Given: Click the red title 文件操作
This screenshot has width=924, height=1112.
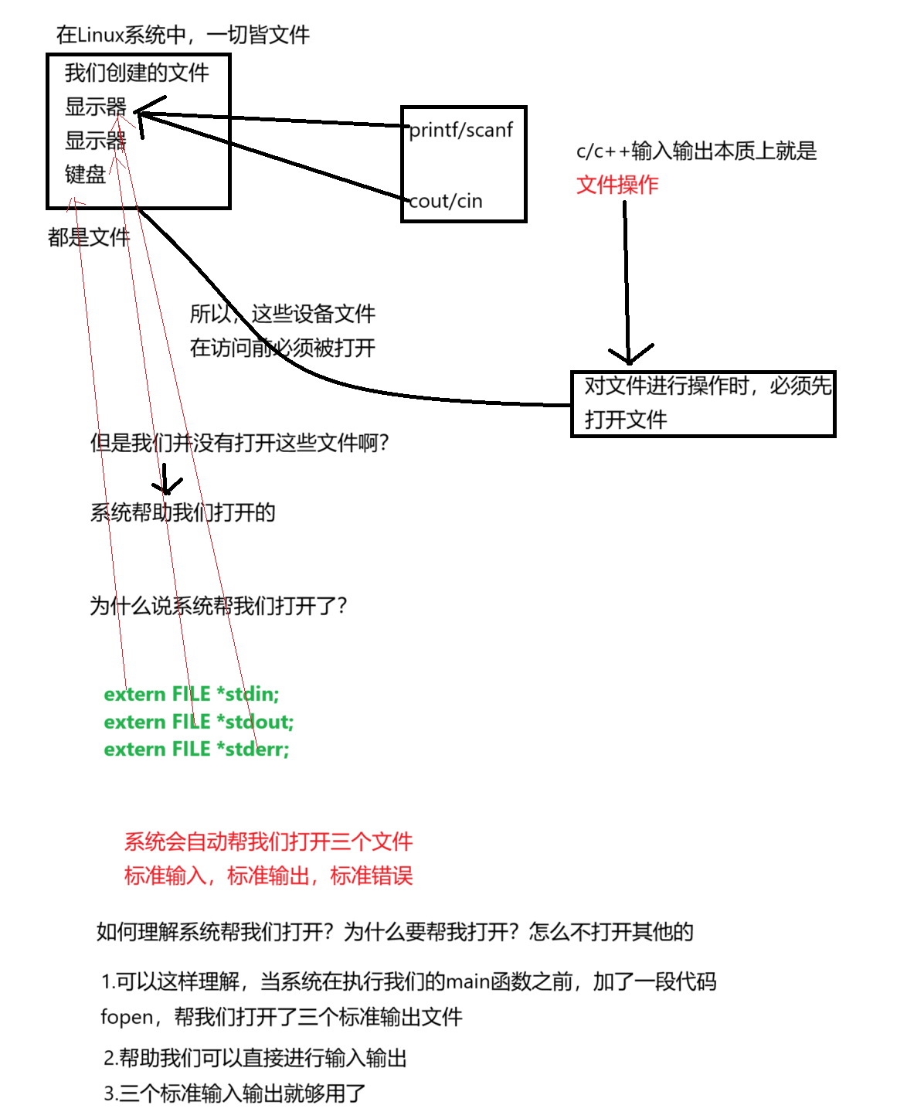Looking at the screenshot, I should (617, 185).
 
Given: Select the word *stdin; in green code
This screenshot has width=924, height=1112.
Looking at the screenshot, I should (248, 694).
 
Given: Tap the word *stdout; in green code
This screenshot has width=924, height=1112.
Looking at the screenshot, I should (255, 722).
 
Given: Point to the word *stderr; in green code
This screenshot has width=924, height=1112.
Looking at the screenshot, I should (253, 749).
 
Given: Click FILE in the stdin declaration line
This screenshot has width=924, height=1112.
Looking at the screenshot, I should (191, 694).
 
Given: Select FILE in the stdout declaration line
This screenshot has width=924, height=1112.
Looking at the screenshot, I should (191, 722).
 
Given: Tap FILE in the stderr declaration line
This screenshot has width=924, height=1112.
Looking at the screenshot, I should (191, 749).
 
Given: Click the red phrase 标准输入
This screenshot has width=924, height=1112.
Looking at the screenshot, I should (165, 876).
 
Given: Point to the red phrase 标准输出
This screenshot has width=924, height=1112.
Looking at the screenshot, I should (268, 876).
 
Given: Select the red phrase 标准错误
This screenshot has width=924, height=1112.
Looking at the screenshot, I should (372, 876).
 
